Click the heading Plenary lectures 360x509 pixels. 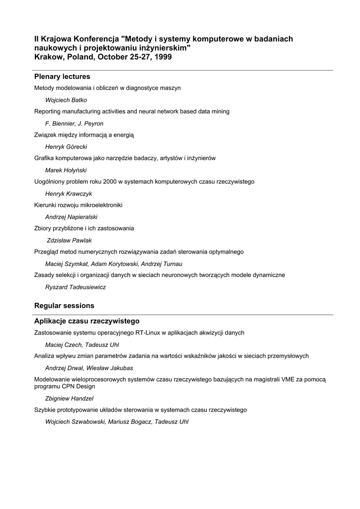pyautogui.click(x=62, y=77)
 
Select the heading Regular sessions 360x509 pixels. pyautogui.click(x=64, y=305)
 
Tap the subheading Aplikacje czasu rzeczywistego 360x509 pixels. pyautogui.click(x=87, y=321)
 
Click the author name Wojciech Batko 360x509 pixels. pyautogui.click(x=66, y=100)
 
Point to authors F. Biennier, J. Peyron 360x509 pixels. pyautogui.click(x=74, y=123)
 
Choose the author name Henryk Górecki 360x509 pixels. pyautogui.click(x=66, y=147)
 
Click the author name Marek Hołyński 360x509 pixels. pyautogui.click(x=66, y=170)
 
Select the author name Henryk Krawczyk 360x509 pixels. pyautogui.click(x=69, y=193)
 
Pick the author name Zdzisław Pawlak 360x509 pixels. pyautogui.click(x=69, y=240)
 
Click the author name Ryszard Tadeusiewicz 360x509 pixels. pyautogui.click(x=75, y=287)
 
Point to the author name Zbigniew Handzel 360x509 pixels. pyautogui.click(x=69, y=398)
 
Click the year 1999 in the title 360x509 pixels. pyautogui.click(x=163, y=57)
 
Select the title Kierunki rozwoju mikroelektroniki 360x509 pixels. pyautogui.click(x=78, y=205)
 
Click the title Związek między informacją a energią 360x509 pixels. pyautogui.click(x=84, y=135)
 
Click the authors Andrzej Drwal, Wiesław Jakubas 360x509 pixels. pyautogui.click(x=89, y=368)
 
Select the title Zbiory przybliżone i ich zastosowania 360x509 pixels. pyautogui.click(x=84, y=228)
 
